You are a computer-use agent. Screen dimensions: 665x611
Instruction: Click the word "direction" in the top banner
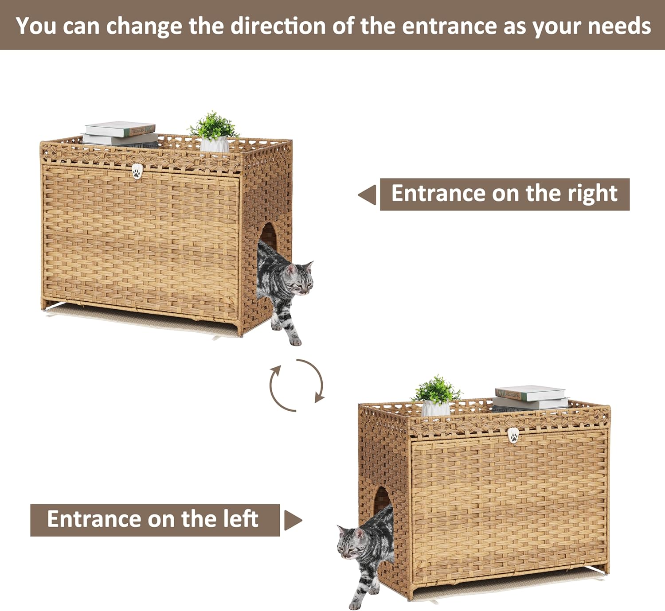click(x=278, y=26)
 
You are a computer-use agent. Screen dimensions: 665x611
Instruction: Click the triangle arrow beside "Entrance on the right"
click(x=368, y=195)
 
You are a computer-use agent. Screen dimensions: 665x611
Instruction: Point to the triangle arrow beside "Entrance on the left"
click(x=293, y=520)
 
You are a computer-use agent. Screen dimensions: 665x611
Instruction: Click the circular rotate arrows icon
click(x=296, y=385)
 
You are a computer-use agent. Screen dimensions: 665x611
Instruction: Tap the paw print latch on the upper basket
click(x=137, y=171)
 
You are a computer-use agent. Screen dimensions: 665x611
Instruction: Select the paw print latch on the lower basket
click(x=513, y=436)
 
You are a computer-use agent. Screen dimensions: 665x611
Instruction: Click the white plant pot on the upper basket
click(x=215, y=144)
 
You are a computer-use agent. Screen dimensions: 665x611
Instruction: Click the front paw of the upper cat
click(x=295, y=341)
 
